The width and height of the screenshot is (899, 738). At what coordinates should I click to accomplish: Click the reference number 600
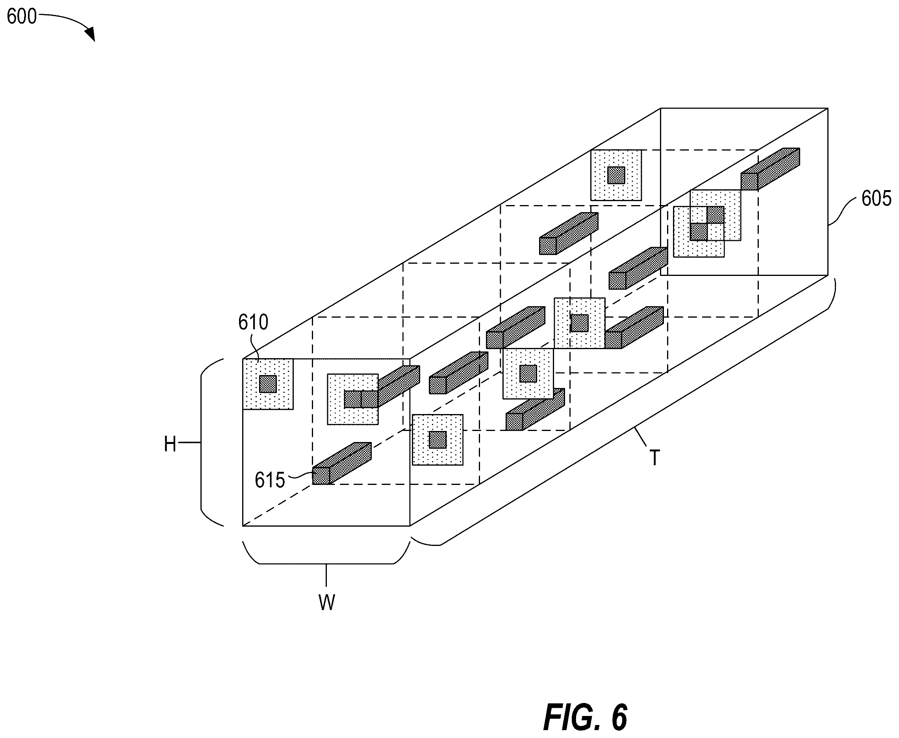tap(22, 17)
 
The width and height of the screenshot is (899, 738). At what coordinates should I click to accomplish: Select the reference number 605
tap(877, 198)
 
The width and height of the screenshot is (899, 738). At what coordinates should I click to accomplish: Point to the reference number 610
tap(253, 322)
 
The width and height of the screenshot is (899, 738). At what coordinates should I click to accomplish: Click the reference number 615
tap(270, 480)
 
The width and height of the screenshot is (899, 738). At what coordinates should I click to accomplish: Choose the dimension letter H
tap(170, 444)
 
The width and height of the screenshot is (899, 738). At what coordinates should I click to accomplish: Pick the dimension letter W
tap(326, 602)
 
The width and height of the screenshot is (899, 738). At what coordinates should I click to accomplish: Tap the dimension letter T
tap(655, 458)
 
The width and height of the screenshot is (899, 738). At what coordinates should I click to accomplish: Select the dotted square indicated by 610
tap(268, 384)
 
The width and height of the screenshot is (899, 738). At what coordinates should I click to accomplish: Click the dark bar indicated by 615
tap(342, 463)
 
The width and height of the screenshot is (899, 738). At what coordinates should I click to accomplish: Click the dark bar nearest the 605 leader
tap(770, 169)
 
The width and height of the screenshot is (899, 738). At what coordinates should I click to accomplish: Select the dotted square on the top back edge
tap(616, 175)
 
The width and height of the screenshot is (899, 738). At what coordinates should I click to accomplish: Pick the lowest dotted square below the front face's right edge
tap(437, 440)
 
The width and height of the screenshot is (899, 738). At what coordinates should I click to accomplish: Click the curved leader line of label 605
tap(842, 211)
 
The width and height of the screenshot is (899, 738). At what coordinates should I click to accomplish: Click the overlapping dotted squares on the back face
tap(707, 223)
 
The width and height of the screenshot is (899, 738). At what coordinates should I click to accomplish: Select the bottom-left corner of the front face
tap(243, 526)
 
